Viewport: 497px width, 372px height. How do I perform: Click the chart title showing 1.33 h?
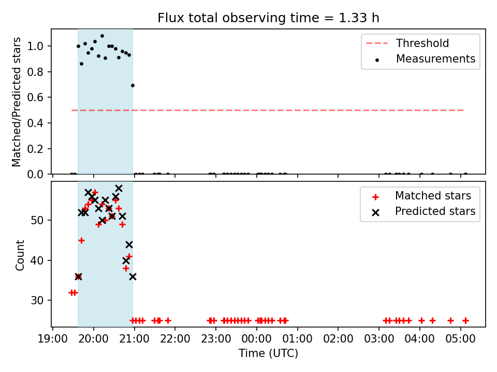tap(268, 18)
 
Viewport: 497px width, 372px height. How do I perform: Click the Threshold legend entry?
tap(407, 43)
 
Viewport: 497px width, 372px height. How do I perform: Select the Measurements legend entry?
tap(425, 59)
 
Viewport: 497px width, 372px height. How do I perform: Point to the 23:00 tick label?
tap(216, 339)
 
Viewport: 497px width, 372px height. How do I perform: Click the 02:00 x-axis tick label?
tap(338, 339)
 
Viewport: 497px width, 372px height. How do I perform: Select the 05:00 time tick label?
tap(461, 339)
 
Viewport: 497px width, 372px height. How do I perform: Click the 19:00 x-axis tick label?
tap(53, 339)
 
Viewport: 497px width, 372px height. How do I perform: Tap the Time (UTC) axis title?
tap(268, 353)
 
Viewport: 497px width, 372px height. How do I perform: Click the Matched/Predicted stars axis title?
tap(16, 102)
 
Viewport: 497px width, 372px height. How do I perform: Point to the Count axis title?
tap(20, 255)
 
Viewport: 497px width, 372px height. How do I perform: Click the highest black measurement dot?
tap(102, 36)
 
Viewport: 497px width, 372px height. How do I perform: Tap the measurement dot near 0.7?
tap(133, 85)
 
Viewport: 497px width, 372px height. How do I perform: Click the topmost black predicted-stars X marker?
tap(119, 189)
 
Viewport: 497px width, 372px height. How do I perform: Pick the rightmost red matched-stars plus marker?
tap(465, 321)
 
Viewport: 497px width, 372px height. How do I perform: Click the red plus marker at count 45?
tap(81, 241)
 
